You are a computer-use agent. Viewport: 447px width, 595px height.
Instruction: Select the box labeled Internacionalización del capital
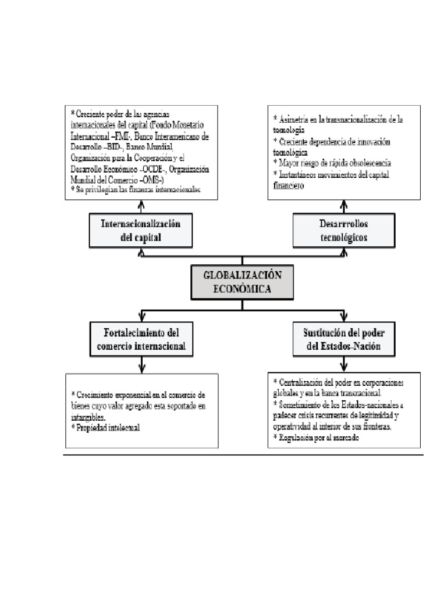coord(142,231)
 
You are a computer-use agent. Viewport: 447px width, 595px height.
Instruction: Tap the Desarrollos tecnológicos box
coord(344,231)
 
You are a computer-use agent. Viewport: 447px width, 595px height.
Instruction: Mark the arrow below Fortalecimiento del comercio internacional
coord(142,364)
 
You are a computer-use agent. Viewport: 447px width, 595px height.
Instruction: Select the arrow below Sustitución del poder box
coord(344,364)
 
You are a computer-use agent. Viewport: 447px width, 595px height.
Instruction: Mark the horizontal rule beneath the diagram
coord(243,456)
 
